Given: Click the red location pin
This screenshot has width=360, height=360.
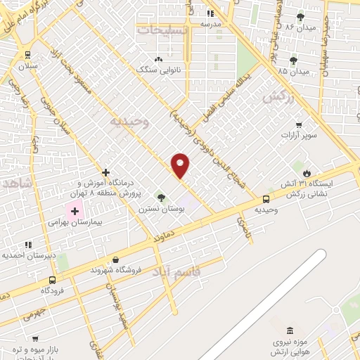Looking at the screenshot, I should tap(181, 165).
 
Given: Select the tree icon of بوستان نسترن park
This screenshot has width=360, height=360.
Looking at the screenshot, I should tap(161, 198).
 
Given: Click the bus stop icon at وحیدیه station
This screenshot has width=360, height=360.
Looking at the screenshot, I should tap(266, 199).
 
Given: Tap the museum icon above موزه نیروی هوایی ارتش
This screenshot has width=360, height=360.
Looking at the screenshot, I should tap(290, 330).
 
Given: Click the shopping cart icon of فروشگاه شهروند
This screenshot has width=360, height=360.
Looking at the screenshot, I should tap(94, 269).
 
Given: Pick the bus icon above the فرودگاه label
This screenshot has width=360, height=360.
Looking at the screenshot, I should tap(52, 279).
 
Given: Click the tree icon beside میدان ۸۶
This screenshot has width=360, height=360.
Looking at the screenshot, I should tap(301, 16).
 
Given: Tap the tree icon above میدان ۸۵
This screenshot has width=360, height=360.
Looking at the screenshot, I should tap(293, 60).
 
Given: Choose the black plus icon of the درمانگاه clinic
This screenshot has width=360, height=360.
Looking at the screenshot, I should tap(105, 172).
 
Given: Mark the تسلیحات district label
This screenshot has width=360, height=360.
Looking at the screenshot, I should tap(162, 30).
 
